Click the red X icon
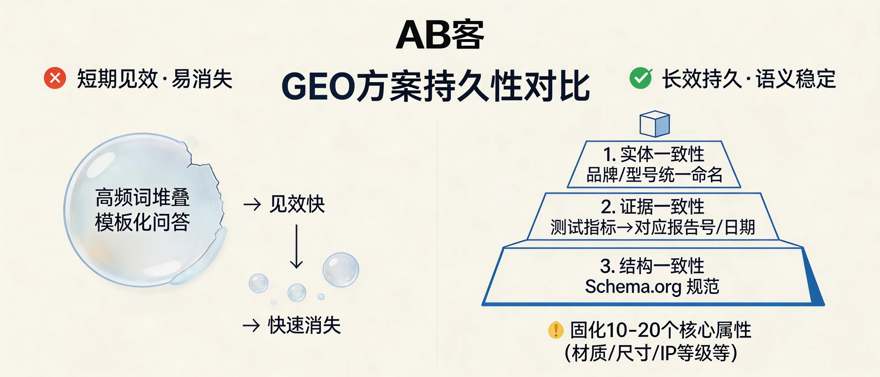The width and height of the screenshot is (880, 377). (x=55, y=78)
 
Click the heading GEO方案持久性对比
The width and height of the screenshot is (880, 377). (x=436, y=86)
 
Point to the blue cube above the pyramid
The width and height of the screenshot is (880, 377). (x=655, y=124)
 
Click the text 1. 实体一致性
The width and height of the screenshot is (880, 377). (x=654, y=154)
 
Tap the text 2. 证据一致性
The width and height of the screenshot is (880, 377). (x=652, y=207)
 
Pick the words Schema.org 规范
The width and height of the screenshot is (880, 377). (x=652, y=286)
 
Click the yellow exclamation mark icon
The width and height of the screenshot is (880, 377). (x=555, y=330)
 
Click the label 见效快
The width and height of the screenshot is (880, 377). (x=297, y=204)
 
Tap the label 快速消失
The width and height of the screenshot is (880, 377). (x=304, y=325)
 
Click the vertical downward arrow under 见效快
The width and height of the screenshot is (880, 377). (x=296, y=246)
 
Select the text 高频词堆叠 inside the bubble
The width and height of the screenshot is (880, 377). (x=142, y=197)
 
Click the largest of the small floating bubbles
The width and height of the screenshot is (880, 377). (x=341, y=270)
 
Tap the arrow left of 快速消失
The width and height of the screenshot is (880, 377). (x=251, y=325)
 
